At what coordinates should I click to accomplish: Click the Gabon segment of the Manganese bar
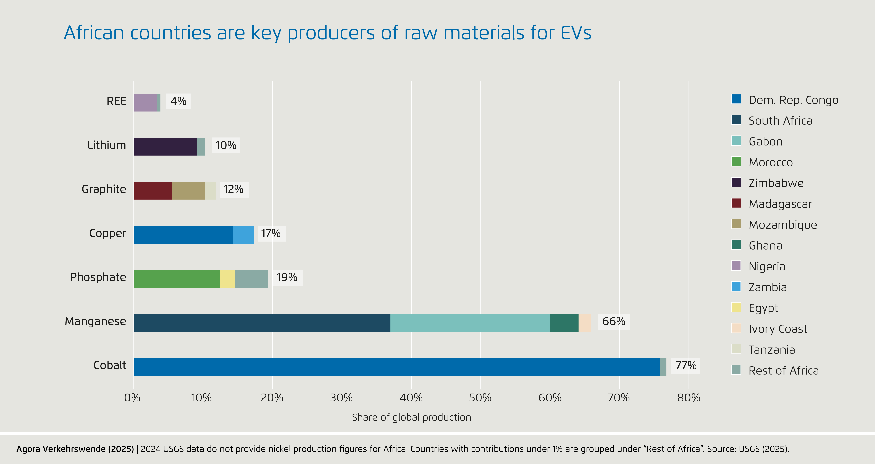click(470, 323)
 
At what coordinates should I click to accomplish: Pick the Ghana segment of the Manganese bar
click(564, 323)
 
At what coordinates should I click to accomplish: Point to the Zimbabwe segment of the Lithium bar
click(165, 147)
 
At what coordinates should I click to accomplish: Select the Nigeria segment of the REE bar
click(145, 102)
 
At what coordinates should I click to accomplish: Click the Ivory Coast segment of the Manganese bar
click(585, 323)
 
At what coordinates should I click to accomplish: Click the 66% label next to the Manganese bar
click(613, 321)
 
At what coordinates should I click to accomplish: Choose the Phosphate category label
click(98, 277)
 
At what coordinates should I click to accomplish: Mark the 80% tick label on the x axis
click(689, 397)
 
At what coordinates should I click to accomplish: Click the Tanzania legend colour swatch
click(736, 349)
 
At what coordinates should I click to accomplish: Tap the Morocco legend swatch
click(736, 162)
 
